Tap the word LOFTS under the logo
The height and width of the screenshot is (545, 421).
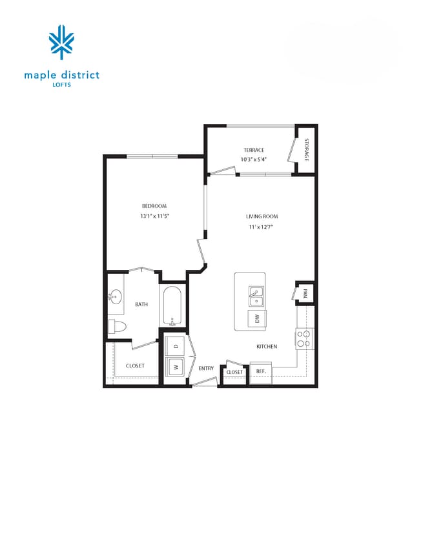[62, 85]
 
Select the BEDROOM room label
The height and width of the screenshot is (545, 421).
[154, 206]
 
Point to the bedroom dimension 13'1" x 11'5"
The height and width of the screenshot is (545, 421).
[154, 216]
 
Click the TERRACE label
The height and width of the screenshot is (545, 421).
[254, 150]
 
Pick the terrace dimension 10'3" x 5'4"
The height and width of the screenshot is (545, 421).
[254, 159]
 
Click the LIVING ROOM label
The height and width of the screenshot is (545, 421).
[262, 216]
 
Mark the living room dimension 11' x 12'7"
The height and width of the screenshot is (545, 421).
[262, 227]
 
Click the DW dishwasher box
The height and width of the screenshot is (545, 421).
[256, 318]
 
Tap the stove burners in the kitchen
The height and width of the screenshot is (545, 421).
[304, 336]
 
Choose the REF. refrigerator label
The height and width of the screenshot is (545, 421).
[261, 371]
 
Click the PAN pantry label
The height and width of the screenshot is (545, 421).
[305, 293]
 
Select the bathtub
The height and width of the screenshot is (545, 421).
[173, 307]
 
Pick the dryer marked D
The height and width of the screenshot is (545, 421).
[174, 346]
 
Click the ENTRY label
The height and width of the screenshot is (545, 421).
[206, 368]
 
